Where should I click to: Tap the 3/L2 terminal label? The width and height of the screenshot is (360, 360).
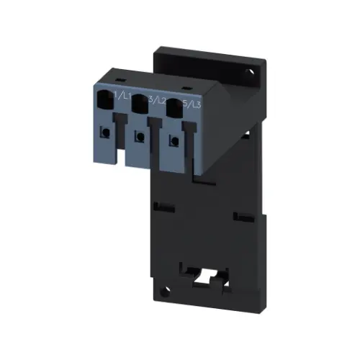(154, 102)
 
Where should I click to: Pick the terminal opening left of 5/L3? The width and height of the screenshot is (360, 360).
(172, 109)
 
